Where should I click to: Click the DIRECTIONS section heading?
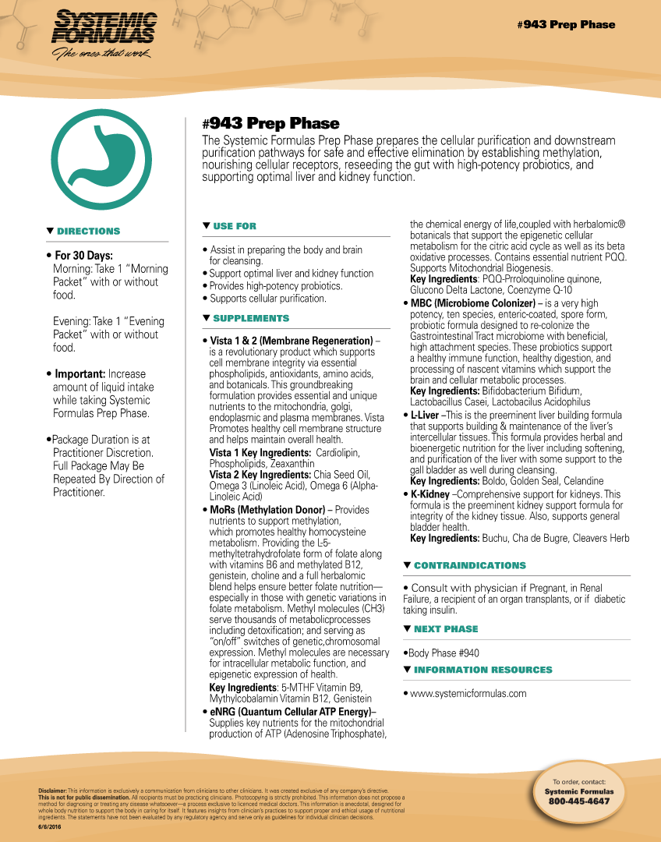[x=88, y=232]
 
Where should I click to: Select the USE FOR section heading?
[x=234, y=226]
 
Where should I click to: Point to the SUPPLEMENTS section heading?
[x=250, y=318]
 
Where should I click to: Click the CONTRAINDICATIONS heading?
[x=469, y=565]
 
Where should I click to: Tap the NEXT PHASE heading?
[x=445, y=629]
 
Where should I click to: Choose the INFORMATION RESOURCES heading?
[x=482, y=670]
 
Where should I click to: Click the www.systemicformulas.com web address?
[x=468, y=693]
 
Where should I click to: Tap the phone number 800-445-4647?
[x=578, y=801]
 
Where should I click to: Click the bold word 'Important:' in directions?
[x=79, y=374]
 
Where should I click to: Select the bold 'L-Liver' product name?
[x=425, y=416]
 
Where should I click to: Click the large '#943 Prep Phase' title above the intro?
[x=270, y=123]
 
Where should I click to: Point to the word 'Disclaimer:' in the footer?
[x=52, y=791]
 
